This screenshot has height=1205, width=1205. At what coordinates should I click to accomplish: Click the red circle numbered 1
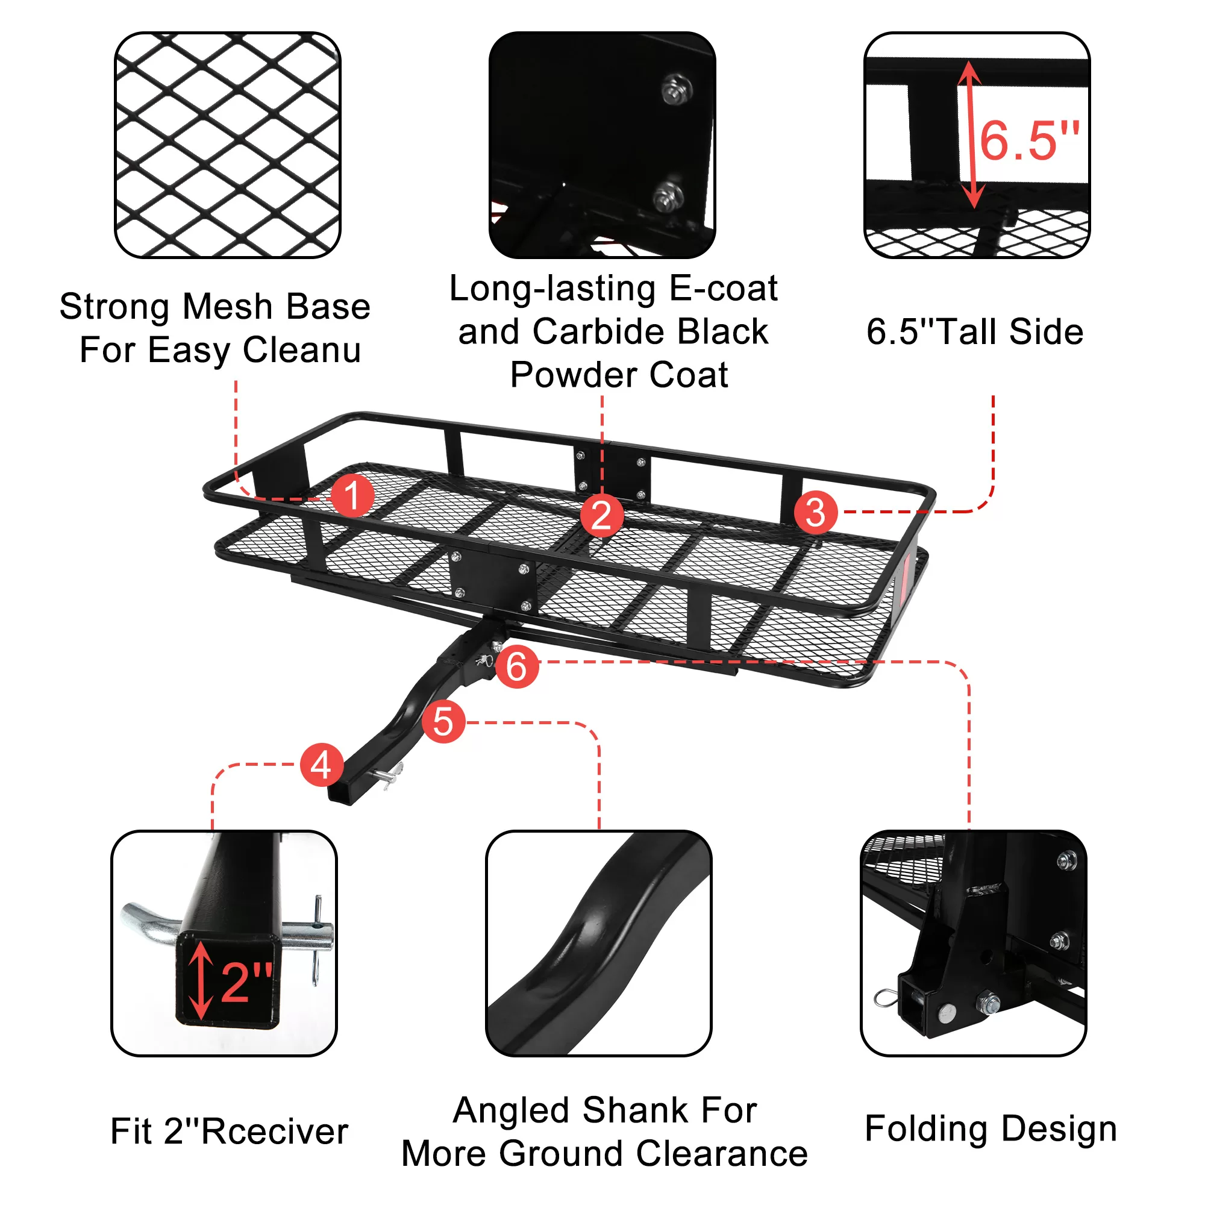(352, 496)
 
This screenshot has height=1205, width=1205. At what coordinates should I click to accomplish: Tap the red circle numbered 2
(602, 516)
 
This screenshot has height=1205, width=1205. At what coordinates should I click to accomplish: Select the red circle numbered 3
(816, 513)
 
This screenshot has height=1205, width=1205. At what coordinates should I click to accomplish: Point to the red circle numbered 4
(322, 765)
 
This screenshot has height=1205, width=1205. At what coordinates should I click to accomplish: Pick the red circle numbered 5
(443, 722)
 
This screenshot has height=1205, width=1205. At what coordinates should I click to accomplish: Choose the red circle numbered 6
(517, 667)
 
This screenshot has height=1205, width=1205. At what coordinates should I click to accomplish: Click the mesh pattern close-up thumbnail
(228, 145)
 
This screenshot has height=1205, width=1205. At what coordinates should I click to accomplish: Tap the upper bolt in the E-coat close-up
(676, 88)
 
